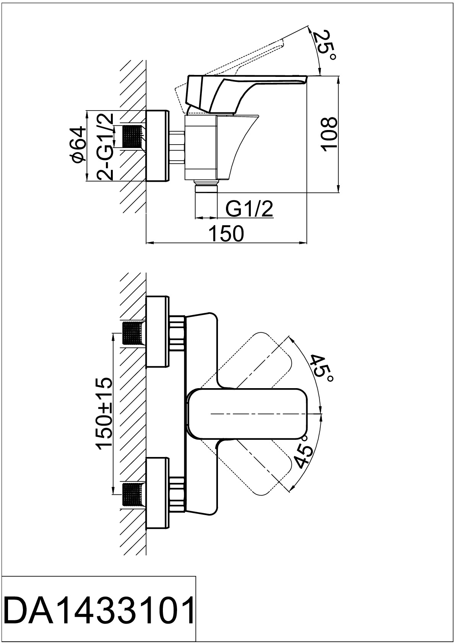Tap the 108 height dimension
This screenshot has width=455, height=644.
(x=330, y=134)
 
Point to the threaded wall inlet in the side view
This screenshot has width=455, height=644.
(x=132, y=136)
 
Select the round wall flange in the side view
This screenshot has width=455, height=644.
(x=157, y=145)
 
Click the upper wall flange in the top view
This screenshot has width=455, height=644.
(x=157, y=331)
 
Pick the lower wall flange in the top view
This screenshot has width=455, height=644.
(x=157, y=493)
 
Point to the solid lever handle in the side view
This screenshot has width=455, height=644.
(x=229, y=90)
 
